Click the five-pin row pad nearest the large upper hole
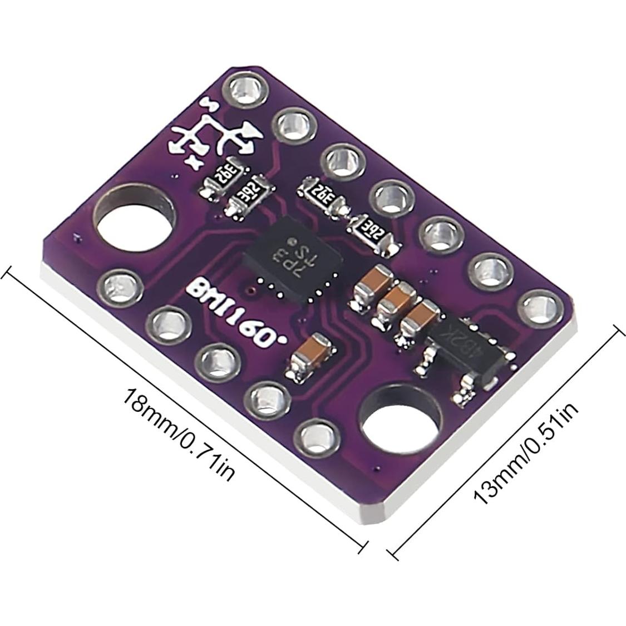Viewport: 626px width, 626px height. [118, 286]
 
